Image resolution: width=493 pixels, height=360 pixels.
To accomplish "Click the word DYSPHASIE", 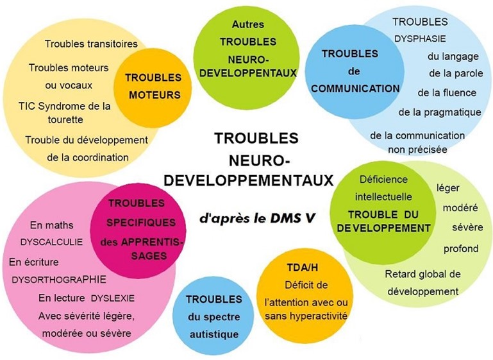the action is click(420, 39).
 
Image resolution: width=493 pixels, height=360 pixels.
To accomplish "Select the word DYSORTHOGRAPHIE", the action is click(59, 279).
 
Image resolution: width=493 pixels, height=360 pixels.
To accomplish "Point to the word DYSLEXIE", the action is click(113, 298).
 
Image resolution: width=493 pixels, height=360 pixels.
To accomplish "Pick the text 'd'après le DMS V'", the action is click(257, 218).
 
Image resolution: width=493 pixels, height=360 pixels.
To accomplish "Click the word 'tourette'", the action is click(65, 119).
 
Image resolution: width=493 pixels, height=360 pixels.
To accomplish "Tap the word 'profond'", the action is click(461, 249).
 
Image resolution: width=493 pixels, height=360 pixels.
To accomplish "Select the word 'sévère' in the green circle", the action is click(467, 227).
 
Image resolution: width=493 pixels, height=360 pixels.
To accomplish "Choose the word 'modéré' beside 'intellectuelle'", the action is click(460, 208).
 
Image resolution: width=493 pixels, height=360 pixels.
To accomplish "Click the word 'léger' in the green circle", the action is click(448, 188).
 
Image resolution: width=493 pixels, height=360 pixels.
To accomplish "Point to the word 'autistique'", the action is click(213, 334).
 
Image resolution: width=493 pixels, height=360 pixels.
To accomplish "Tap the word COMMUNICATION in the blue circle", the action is click(355, 89).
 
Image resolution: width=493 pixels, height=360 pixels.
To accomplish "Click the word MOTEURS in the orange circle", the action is click(155, 95).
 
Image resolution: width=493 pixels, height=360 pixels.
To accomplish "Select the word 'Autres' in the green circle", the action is click(248, 24).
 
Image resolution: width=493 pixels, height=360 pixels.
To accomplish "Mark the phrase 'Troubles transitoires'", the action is click(91, 44).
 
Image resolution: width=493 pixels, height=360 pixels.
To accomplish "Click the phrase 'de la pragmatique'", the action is click(440, 112).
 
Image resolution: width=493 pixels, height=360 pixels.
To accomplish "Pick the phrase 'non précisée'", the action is click(417, 150).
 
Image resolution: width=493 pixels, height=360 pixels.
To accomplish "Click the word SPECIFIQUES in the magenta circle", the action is click(141, 223).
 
